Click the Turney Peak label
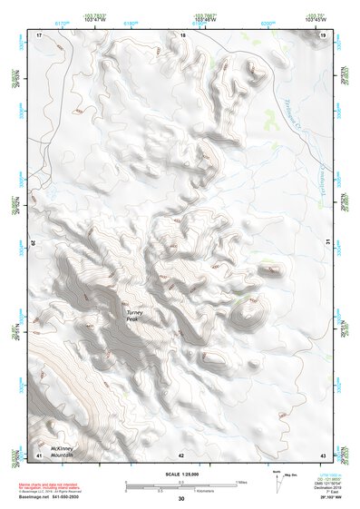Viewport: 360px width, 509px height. click(x=136, y=318)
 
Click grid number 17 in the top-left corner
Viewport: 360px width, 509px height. click(x=39, y=34)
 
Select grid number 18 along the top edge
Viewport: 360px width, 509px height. click(x=182, y=34)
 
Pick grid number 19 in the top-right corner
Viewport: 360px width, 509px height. click(x=323, y=34)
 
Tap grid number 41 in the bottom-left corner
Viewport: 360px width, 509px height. click(x=39, y=454)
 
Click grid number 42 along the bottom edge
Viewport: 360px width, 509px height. click(x=182, y=454)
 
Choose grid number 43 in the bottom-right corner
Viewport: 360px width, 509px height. click(x=323, y=454)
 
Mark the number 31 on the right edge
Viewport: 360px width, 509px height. click(x=327, y=242)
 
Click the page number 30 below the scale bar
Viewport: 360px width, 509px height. click(x=181, y=498)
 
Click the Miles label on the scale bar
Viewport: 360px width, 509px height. click(x=241, y=482)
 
